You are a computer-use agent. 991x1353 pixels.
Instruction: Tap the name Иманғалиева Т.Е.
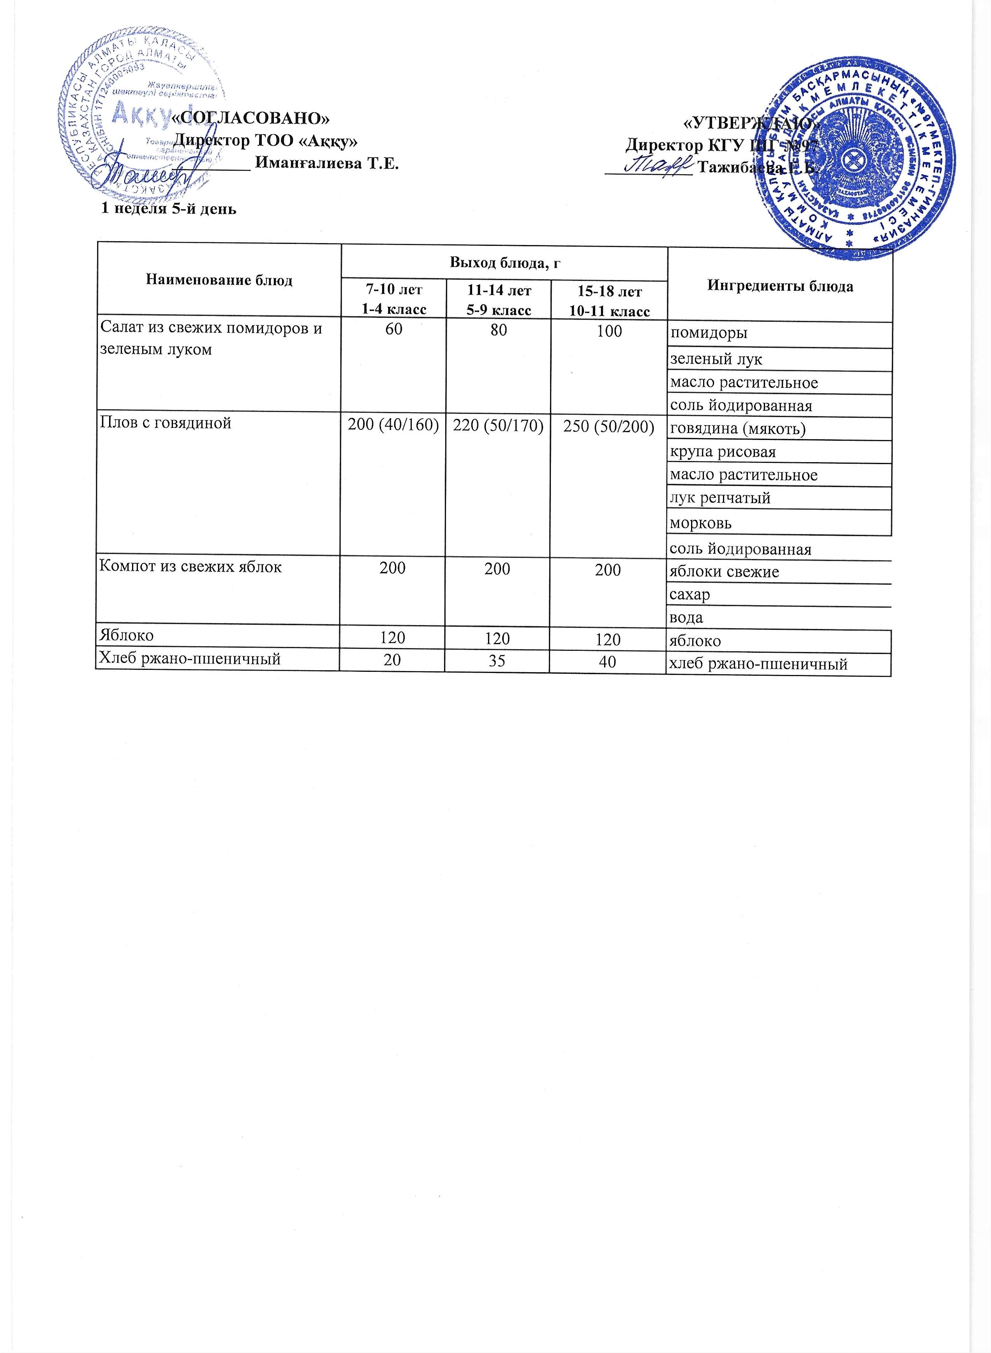coord(327,163)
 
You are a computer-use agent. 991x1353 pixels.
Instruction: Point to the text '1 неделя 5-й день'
coord(168,209)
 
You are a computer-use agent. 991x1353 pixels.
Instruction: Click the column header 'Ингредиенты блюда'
coord(780,286)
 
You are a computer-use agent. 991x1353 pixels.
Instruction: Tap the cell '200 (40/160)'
coord(393,426)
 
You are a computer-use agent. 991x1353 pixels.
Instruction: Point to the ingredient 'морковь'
coord(701,523)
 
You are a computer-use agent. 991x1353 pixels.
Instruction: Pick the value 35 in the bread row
coord(497,661)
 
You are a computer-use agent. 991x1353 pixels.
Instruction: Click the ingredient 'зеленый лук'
coord(716,359)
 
